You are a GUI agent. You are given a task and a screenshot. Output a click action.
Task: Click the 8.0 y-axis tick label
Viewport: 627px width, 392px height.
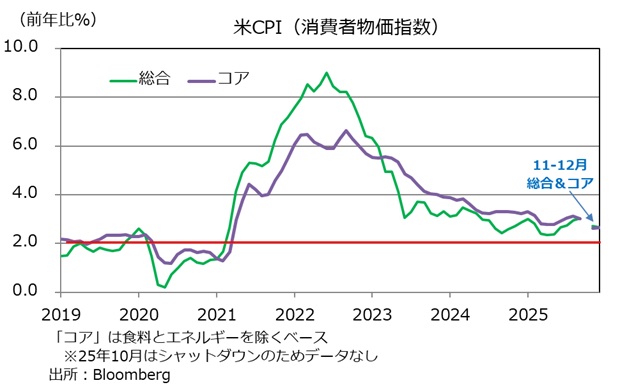[x=25, y=96]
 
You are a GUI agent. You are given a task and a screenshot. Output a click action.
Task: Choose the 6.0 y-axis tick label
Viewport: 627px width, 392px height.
[x=25, y=145]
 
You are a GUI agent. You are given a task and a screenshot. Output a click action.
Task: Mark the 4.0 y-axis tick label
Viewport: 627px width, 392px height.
[x=25, y=194]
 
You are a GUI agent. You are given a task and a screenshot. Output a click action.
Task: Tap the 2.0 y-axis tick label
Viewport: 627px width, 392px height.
[x=25, y=243]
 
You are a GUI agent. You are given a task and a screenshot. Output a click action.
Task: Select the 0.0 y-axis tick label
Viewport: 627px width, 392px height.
[x=25, y=291]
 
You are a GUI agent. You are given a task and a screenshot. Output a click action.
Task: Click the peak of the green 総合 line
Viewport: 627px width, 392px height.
[x=326, y=73]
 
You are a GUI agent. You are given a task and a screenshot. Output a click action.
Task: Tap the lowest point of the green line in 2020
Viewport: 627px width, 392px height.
[x=163, y=287]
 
